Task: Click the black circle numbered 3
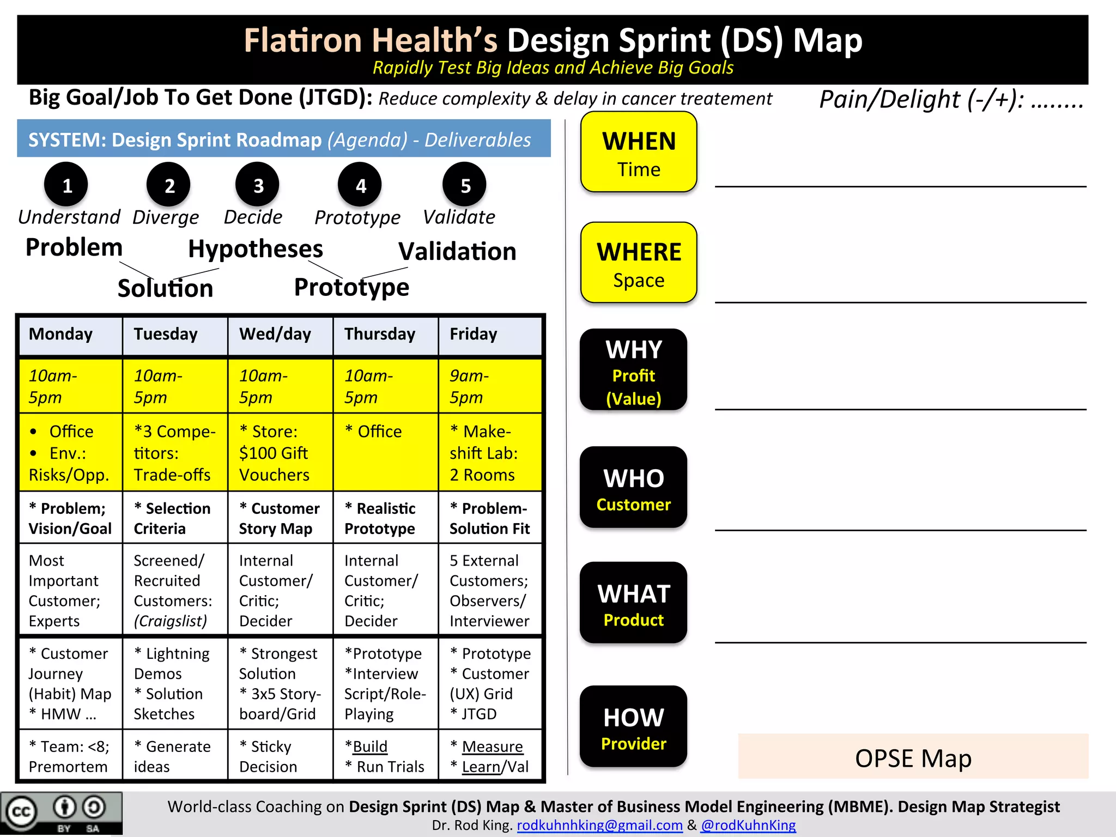coord(257,185)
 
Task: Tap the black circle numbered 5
coord(465,185)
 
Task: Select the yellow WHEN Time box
coord(639,152)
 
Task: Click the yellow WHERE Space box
coord(639,263)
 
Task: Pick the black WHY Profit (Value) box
coord(633,369)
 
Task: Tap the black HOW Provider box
coord(633,726)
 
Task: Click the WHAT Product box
coord(633,603)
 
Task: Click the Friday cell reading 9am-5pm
coord(490,386)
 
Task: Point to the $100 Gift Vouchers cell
coord(280,453)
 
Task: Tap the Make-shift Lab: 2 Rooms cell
coord(490,453)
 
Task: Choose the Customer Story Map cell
coord(280,518)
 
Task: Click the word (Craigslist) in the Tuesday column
coord(171,621)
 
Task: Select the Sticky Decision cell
coord(280,756)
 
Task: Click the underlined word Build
coord(370,747)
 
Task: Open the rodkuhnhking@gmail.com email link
coord(599,825)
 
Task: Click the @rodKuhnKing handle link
coord(748,825)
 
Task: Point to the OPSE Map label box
coord(913,757)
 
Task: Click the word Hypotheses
coord(256,249)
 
